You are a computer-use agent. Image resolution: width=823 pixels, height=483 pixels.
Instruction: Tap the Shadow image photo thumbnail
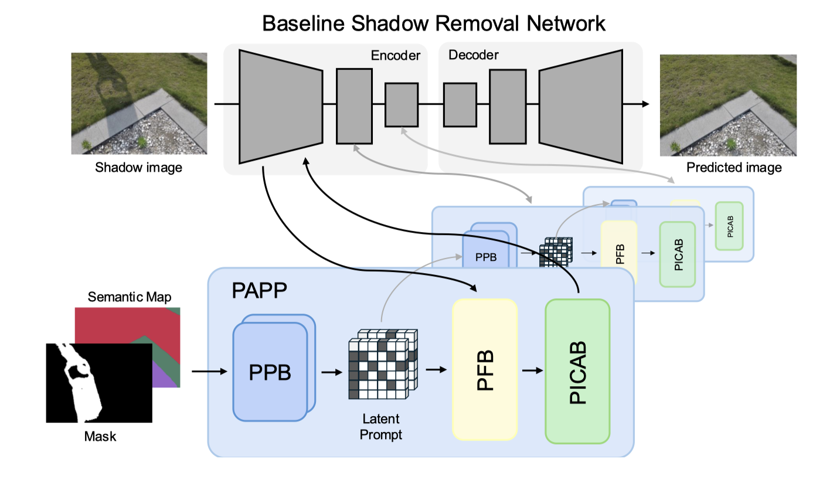click(139, 104)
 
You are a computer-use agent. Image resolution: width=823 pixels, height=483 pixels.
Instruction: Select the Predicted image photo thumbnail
click(728, 105)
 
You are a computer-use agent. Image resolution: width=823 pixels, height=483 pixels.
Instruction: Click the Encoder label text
click(396, 56)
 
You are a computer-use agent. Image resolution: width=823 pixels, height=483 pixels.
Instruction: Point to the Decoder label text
click(473, 55)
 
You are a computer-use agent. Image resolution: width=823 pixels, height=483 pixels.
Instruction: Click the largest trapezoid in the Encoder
click(280, 106)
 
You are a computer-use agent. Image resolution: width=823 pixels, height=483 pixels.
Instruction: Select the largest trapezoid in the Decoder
click(580, 106)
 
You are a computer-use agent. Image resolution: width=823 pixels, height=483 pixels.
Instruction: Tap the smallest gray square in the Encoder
click(402, 104)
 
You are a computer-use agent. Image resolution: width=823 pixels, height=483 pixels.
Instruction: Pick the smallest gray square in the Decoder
click(460, 105)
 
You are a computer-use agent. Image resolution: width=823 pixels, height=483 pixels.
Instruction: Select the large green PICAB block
click(577, 371)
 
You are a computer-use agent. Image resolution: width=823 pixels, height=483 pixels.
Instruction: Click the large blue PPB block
click(270, 373)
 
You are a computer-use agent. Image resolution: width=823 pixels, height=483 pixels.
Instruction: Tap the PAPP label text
click(260, 291)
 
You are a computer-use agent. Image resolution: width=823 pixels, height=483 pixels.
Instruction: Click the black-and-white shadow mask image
click(98, 383)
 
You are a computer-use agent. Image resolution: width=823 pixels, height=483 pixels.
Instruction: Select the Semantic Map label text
click(130, 297)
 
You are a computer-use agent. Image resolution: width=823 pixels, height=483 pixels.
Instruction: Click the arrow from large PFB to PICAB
click(532, 370)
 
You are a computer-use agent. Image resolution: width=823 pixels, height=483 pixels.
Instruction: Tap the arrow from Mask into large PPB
click(209, 371)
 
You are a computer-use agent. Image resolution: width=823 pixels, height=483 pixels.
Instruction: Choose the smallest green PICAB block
click(729, 226)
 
